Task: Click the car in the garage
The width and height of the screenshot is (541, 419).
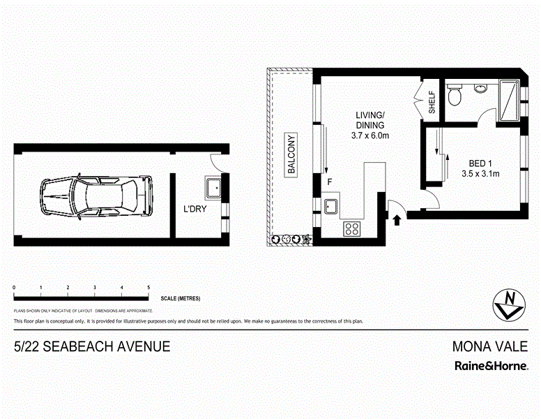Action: tap(96, 196)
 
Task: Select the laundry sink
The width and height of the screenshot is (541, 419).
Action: tap(212, 187)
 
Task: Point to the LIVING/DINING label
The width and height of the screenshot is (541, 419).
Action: tap(369, 120)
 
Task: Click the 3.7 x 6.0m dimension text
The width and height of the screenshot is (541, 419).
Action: tap(369, 137)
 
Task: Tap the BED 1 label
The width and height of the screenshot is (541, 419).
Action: tap(478, 163)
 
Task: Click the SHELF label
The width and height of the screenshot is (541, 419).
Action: tap(432, 103)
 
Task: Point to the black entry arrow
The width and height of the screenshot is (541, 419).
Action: tap(397, 220)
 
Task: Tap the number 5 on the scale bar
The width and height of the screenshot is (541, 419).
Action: tap(148, 288)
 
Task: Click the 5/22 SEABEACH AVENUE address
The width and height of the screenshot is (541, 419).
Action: tap(92, 346)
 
